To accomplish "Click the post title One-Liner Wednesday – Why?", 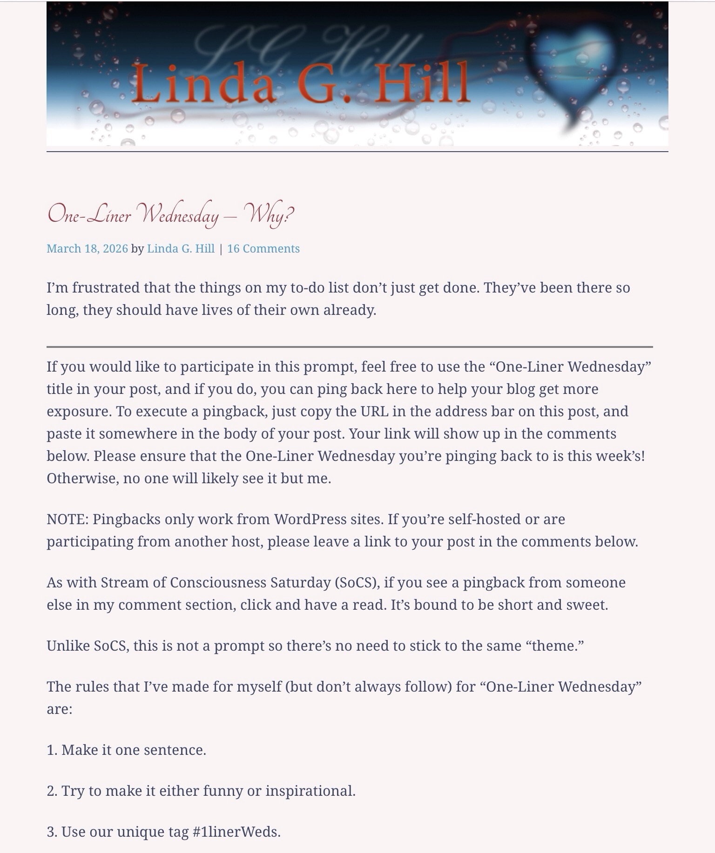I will coord(170,215).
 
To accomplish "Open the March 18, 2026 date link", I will coord(87,249).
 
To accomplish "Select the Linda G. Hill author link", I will coord(181,249).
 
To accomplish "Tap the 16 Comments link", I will coord(263,249).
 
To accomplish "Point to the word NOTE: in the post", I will coord(67,520).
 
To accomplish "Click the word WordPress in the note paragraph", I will coord(310,520).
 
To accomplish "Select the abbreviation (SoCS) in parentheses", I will coord(357,583).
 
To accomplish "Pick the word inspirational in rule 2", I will coord(310,791).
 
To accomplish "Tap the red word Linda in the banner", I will coord(203,84).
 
